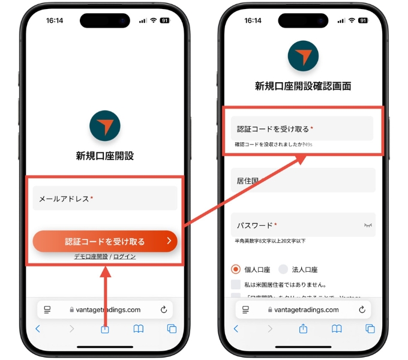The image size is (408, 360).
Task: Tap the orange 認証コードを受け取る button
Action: coord(105,242)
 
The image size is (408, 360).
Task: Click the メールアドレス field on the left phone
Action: coord(105,199)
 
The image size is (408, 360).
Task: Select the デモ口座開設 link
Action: coord(91,256)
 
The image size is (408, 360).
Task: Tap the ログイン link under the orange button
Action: coord(124,256)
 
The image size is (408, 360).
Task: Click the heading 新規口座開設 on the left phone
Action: coord(105,156)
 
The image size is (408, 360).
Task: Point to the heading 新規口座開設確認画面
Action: coord(303,86)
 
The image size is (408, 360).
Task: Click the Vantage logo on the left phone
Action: coord(105,125)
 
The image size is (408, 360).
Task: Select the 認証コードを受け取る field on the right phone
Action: coord(302,129)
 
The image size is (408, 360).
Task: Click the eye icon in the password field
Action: coord(368,225)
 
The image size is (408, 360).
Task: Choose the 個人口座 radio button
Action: coord(236,270)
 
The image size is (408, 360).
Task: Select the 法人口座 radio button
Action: coord(283,270)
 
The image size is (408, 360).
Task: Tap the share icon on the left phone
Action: coord(105,329)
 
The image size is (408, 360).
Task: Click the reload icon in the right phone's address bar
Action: coord(362,310)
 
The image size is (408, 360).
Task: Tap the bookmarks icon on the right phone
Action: coord(337,329)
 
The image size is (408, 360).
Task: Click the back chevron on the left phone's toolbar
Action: coord(38,329)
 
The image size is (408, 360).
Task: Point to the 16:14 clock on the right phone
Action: coord(253,20)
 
